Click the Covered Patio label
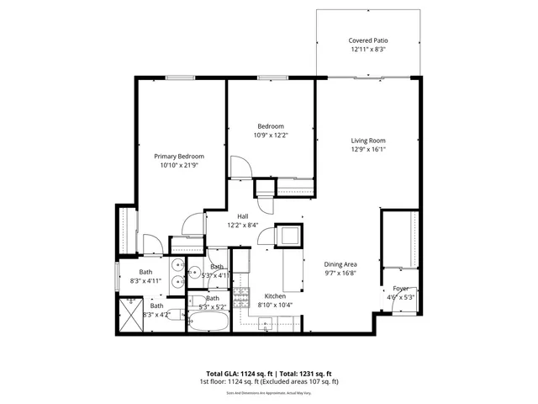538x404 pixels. pos(368,40)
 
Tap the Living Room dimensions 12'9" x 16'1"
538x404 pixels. pos(367,151)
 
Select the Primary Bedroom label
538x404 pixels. pos(178,156)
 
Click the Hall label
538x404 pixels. pos(242,215)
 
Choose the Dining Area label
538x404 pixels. pos(341,264)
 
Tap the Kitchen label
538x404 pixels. pos(276,296)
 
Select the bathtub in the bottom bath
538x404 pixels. pos(208,322)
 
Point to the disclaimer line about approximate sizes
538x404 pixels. pos(269,391)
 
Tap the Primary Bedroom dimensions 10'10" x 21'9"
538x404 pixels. pos(178,166)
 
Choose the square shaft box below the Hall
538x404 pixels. pos(288,236)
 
